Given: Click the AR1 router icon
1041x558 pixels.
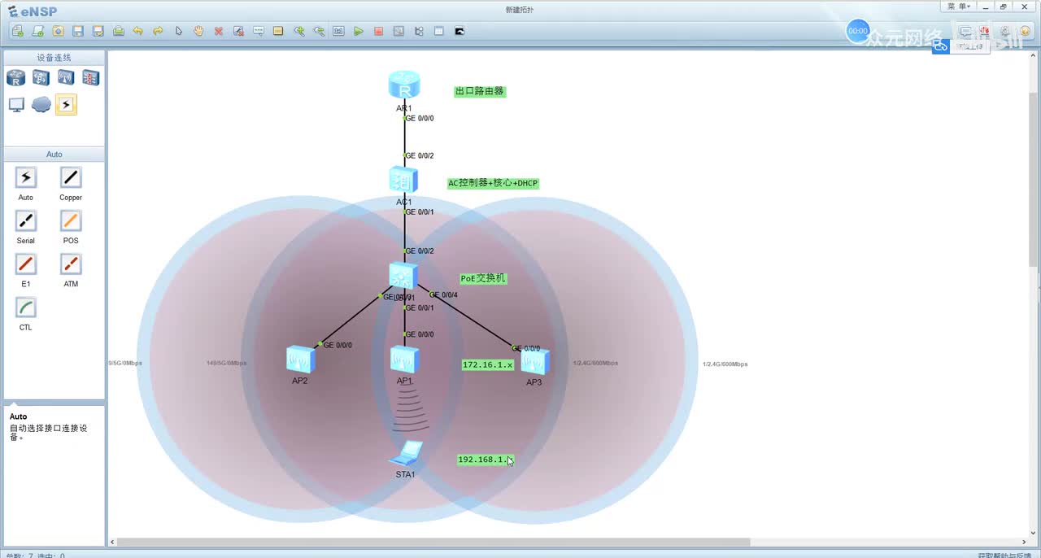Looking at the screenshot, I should pos(403,85).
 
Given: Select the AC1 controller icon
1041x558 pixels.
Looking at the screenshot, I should pos(403,180).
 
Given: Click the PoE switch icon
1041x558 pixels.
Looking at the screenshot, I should pos(403,276).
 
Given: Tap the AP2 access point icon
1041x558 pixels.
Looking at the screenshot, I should pos(300,359).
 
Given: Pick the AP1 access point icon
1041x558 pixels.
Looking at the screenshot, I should pos(404,359).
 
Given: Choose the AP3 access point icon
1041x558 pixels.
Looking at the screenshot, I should pos(534,360).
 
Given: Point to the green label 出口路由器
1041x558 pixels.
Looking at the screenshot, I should pos(480,91).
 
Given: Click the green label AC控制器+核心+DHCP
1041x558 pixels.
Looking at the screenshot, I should pos(493,183).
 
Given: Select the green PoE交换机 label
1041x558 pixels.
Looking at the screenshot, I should pos(483,278).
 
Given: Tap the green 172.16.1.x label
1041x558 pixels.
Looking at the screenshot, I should pos(488,364).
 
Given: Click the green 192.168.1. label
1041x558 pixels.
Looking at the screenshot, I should pos(484,460).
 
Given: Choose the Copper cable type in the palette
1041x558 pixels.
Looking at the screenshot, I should pos(71,177).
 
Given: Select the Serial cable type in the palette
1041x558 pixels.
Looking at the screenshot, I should pos(26,221).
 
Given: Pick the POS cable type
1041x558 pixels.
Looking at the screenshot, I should pos(71,221).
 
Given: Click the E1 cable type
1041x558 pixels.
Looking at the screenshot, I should pos(26,264).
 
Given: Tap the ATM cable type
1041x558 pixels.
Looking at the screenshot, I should pos(71,264).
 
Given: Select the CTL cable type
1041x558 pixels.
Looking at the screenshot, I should pos(26,307).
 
